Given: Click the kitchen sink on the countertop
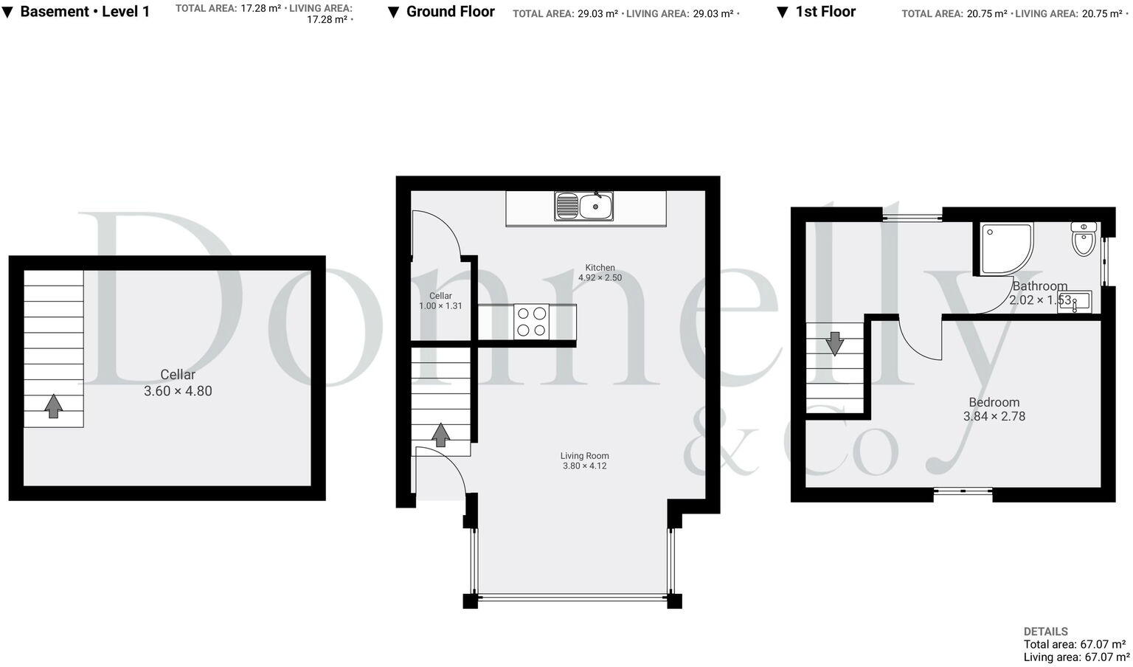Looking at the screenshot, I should click(x=584, y=206).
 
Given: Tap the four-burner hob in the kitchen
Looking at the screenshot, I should click(x=531, y=322).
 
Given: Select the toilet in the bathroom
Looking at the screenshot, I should click(x=1083, y=239).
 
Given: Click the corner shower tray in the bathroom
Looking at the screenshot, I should click(x=1005, y=249).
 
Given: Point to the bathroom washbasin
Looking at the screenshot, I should click(x=1074, y=302).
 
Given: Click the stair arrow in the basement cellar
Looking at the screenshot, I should click(x=53, y=405).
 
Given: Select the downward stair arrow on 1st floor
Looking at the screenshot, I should click(x=834, y=343).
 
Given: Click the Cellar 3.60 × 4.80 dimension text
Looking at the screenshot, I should click(x=178, y=391).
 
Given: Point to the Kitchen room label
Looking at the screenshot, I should click(x=600, y=268).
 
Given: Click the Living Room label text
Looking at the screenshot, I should click(x=584, y=456).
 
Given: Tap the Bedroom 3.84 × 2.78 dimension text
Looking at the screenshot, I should click(x=994, y=416).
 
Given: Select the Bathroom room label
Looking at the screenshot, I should click(x=1039, y=286).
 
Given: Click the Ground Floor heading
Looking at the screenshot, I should click(x=450, y=12).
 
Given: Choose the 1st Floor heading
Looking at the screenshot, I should click(x=825, y=12).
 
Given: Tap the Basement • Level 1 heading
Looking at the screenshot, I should click(x=85, y=12).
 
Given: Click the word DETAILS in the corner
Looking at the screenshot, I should click(x=1045, y=632).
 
